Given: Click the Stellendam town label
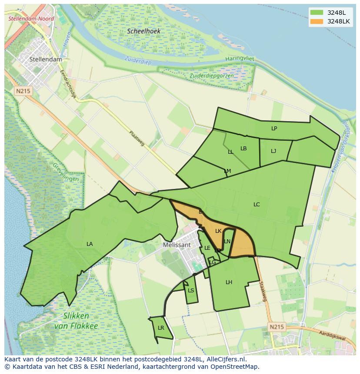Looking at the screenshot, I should coord(46,59).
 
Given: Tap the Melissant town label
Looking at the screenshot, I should coord(177,245).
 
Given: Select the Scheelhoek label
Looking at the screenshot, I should coord(144,31).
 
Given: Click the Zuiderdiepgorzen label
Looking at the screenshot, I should coord(211,76).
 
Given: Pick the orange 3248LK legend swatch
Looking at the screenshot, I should coord(317,21).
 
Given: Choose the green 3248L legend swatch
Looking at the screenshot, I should coord(317,13).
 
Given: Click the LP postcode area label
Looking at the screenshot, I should coord(274,129).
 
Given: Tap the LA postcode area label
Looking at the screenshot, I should coord(90,244).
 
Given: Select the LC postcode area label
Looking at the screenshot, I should coord(257,204).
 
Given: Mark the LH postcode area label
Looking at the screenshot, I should coord(229,282).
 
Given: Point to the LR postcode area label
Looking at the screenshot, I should coord(161,328).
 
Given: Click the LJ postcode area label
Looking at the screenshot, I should coord(273,151).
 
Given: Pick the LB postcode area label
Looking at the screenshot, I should coord(243,149).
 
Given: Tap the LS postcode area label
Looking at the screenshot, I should coord(191,291).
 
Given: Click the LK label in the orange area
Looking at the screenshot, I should coord(218,231).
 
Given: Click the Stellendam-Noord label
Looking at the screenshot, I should coord(31,19).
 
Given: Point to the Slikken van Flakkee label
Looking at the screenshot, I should coord(76,321).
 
